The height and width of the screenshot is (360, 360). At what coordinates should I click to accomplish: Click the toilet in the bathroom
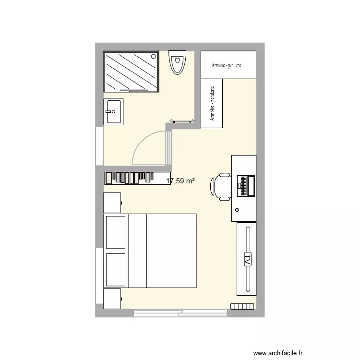(x=178, y=62)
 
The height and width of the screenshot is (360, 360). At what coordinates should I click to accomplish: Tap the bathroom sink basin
(x=113, y=111)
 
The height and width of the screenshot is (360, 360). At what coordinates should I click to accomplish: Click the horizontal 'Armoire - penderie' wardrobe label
(x=228, y=65)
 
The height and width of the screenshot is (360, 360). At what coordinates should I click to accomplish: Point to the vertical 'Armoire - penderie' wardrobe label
(x=212, y=104)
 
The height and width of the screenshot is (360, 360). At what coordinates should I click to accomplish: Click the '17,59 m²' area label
(x=180, y=181)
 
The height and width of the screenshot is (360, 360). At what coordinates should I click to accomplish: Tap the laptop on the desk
(x=245, y=185)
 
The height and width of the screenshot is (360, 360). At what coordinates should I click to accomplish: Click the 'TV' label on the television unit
(x=248, y=259)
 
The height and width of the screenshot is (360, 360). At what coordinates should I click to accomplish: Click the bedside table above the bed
(x=112, y=202)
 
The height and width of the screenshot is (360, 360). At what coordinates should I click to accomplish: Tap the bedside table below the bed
(x=112, y=299)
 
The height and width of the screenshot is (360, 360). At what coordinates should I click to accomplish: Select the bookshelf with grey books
(x=136, y=178)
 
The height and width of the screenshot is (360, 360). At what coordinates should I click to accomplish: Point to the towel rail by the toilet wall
(x=181, y=120)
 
